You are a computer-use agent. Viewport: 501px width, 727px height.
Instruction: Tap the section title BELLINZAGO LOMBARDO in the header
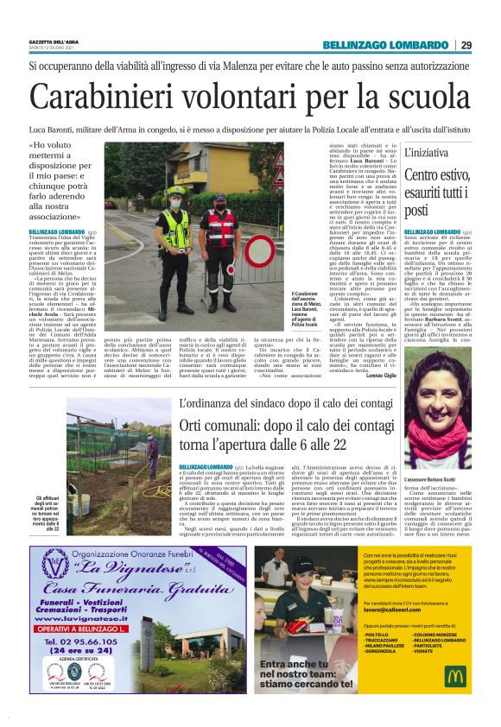pyautogui.click(x=385, y=45)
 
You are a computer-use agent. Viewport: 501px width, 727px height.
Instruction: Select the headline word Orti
pyautogui.click(x=196, y=426)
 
